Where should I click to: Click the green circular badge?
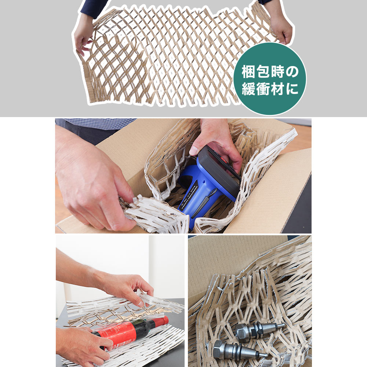pyautogui.click(x=270, y=79)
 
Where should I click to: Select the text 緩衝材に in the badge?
pyautogui.click(x=270, y=89)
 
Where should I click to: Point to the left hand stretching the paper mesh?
pyautogui.click(x=83, y=35)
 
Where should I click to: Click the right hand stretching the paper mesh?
pyautogui.click(x=281, y=28)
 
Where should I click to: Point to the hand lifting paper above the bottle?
pyautogui.click(x=125, y=286)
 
